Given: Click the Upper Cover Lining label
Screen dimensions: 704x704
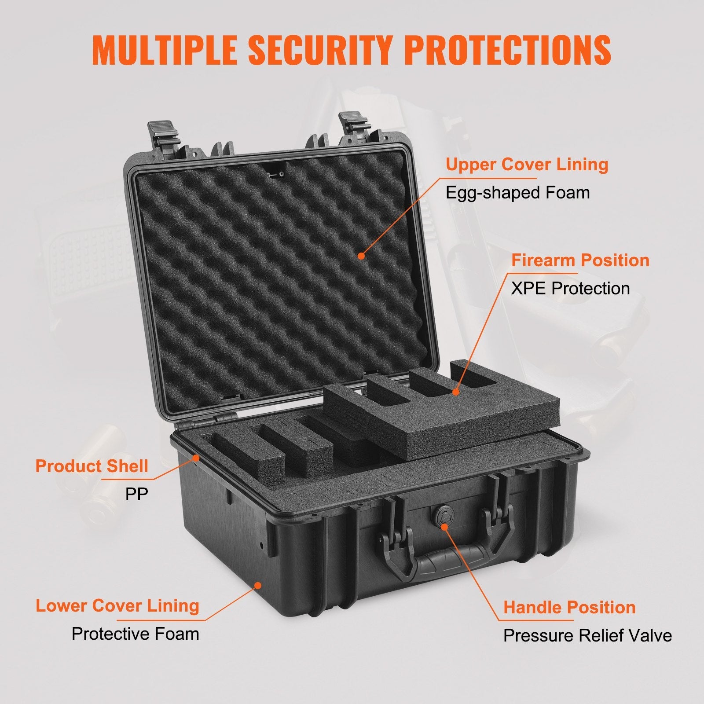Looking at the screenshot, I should [527, 165].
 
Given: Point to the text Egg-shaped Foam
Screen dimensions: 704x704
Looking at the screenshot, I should [517, 193].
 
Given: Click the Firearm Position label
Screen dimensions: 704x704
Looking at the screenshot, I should [580, 260].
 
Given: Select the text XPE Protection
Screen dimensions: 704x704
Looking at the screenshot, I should [570, 289].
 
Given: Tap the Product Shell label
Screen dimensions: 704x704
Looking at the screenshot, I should [92, 466].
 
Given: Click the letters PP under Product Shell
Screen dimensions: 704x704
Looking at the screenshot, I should [136, 494].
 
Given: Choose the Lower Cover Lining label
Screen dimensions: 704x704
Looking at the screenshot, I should [117, 605].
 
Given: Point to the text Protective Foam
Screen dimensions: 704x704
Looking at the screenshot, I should [135, 634].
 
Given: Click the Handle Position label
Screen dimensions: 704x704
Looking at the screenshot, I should [569, 607].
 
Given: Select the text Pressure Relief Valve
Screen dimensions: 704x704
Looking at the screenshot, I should [587, 636].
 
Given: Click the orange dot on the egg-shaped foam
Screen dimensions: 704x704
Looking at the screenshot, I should [361, 255].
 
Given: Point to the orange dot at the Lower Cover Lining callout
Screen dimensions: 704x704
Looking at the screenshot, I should [259, 585].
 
